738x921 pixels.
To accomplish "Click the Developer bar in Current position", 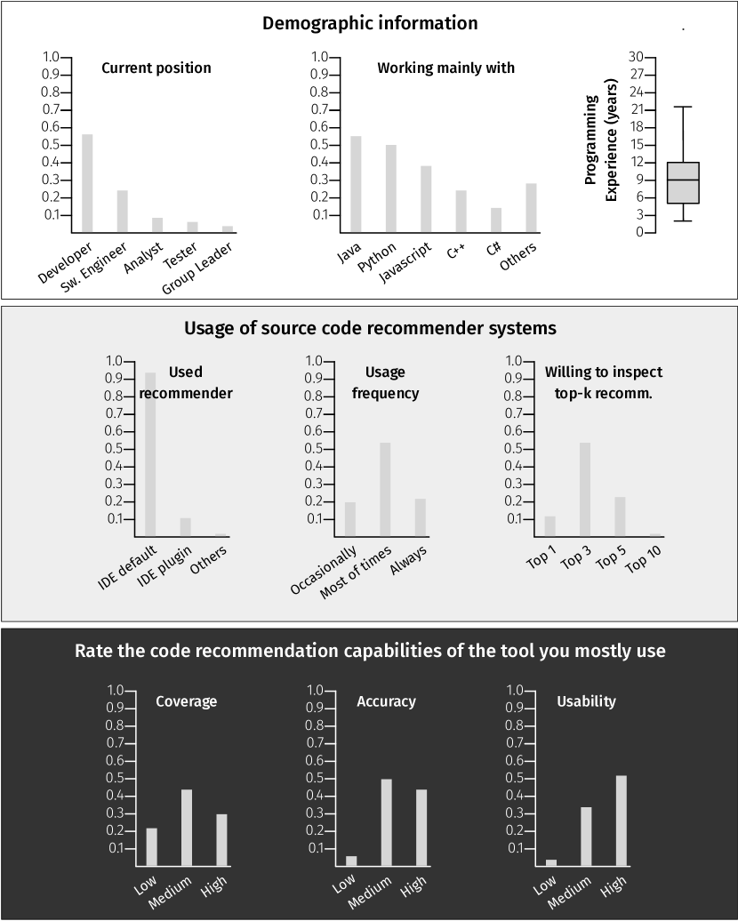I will pyautogui.click(x=87, y=183).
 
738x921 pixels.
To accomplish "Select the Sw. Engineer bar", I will pyautogui.click(x=122, y=212).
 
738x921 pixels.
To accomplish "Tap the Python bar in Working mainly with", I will pyautogui.click(x=390, y=188).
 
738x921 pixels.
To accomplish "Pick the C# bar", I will pyautogui.click(x=495, y=220).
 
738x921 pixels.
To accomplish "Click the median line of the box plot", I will pyautogui.click(x=683, y=180).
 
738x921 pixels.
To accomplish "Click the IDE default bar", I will pyautogui.click(x=150, y=454).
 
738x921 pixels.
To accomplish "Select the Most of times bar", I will pyautogui.click(x=385, y=489).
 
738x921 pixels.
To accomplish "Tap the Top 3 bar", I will pyautogui.click(x=585, y=489).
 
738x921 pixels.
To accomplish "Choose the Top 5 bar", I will pyautogui.click(x=620, y=517).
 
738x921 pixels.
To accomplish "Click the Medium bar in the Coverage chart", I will pyautogui.click(x=187, y=828).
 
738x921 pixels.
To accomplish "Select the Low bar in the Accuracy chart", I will pyautogui.click(x=351, y=861).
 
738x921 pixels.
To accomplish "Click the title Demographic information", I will pyautogui.click(x=370, y=23).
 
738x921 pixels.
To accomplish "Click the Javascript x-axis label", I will pyautogui.click(x=405, y=262).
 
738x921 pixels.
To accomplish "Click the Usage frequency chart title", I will pyautogui.click(x=385, y=382).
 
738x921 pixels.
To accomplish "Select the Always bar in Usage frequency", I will pyautogui.click(x=420, y=517).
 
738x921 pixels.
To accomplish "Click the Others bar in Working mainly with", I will pyautogui.click(x=531, y=208).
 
